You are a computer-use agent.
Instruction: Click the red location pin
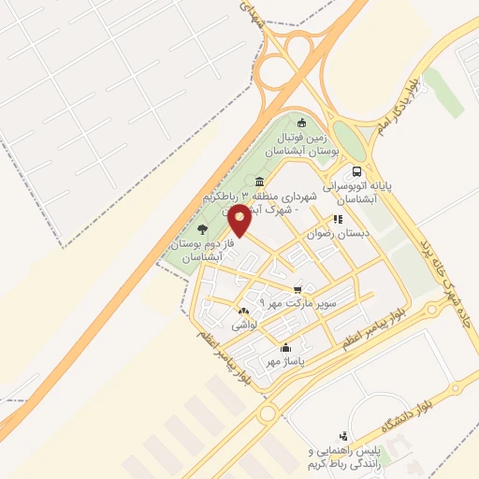coord(239,222)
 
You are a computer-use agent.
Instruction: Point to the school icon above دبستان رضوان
coord(338,220)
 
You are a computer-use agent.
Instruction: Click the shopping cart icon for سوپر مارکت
coord(298,290)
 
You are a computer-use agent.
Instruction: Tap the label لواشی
coord(244,324)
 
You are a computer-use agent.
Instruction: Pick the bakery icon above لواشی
coord(244,310)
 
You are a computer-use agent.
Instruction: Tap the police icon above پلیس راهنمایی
coord(343,435)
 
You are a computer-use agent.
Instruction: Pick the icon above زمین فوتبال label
coord(300,122)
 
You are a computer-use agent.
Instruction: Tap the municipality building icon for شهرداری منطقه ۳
coord(258,182)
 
